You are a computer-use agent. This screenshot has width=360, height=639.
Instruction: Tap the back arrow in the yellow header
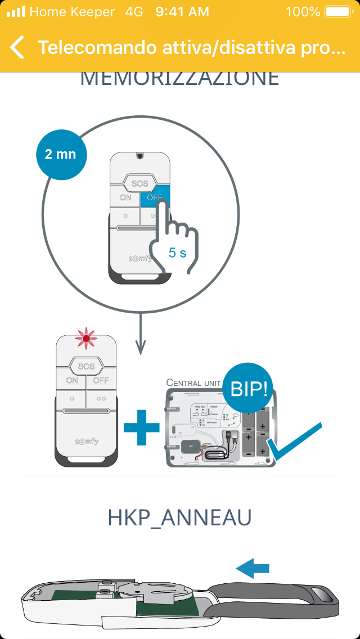(x=17, y=48)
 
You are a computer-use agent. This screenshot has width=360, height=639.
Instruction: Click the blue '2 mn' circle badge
(x=61, y=154)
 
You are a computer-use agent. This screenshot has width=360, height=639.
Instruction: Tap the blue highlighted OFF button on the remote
(x=154, y=197)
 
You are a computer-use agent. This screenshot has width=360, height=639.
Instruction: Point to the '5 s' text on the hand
(x=177, y=253)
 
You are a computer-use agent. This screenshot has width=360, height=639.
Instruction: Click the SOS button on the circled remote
(x=139, y=183)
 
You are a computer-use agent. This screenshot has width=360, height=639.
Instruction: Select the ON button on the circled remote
(x=125, y=197)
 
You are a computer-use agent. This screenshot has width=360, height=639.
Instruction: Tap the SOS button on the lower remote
(x=86, y=366)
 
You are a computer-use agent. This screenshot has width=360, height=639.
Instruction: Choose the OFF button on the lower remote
(x=101, y=380)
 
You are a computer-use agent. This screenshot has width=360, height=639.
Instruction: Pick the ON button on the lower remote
(x=72, y=380)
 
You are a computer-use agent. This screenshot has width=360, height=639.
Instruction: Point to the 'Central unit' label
(x=193, y=382)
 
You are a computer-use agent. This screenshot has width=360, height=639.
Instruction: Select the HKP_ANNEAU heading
(x=179, y=518)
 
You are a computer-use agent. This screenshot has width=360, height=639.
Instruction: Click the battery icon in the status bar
(x=337, y=11)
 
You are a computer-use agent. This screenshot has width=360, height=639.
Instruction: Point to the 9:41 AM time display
(x=181, y=11)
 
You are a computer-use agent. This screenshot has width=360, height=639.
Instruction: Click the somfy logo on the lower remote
(x=86, y=441)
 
